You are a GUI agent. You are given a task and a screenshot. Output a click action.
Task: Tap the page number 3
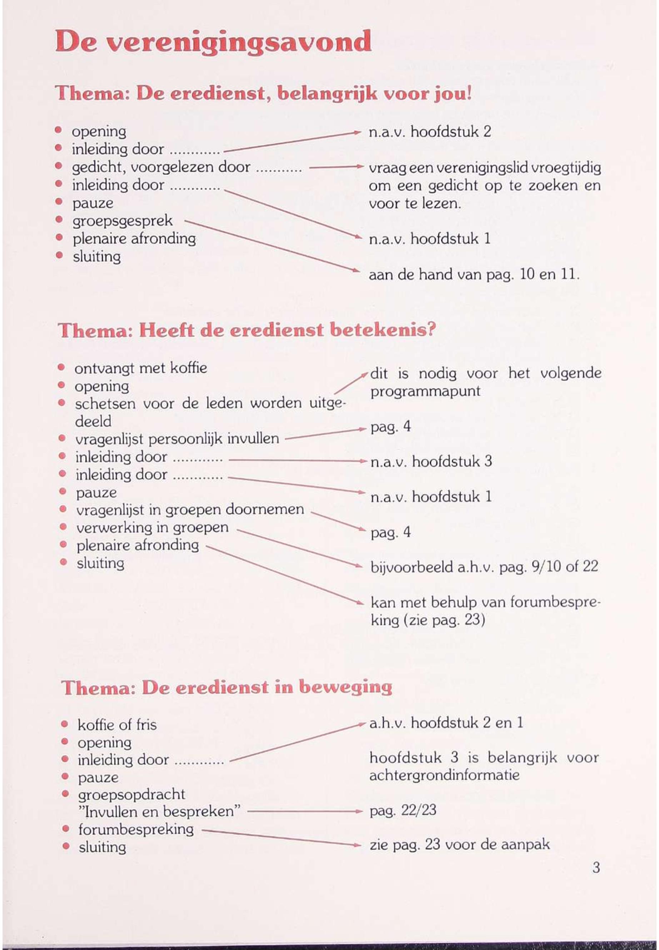click(x=596, y=867)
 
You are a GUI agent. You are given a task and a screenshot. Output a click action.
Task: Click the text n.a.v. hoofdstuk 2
click(x=430, y=132)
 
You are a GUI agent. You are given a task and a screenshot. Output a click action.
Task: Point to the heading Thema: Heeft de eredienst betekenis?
click(x=247, y=331)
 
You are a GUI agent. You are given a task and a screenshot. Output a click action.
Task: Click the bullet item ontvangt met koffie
click(x=141, y=368)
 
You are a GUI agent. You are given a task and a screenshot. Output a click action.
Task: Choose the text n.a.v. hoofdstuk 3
click(x=431, y=461)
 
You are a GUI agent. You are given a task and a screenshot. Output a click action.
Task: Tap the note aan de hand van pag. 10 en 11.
click(x=474, y=275)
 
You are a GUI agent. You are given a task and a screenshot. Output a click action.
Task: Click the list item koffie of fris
click(x=117, y=725)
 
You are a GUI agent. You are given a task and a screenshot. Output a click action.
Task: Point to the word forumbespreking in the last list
click(x=136, y=829)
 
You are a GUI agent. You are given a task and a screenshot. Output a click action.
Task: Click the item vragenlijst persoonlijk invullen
click(x=177, y=439)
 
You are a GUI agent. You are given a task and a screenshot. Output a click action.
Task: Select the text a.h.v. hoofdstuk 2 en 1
click(x=446, y=722)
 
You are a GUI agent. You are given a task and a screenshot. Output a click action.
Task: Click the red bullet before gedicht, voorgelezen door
click(x=59, y=167)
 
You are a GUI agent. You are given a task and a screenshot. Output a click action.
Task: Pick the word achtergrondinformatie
click(x=444, y=775)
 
